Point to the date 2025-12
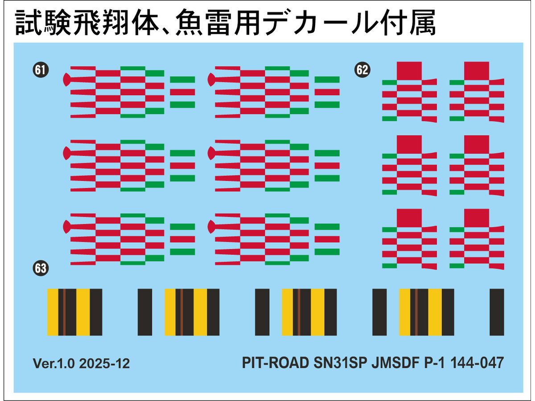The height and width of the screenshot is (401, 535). pyautogui.click(x=104, y=364)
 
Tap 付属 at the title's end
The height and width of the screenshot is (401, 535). pyautogui.click(x=412, y=23)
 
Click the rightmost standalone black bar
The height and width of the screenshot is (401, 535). pyautogui.click(x=497, y=312)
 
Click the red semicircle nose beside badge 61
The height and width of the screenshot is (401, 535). pyautogui.click(x=66, y=80)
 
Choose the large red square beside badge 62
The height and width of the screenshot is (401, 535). pyautogui.click(x=409, y=70)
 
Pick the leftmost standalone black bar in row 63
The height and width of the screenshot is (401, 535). pyautogui.click(x=145, y=312)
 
